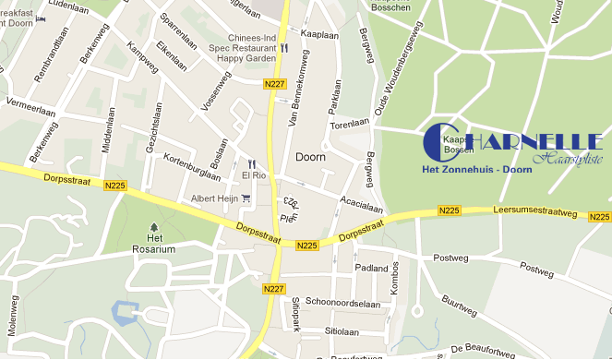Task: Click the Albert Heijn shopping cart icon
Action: [x=246, y=198]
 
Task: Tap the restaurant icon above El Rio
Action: [x=250, y=162]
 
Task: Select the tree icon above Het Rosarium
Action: [x=152, y=225]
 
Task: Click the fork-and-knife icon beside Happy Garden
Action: [x=284, y=48]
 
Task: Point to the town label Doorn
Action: [x=310, y=157]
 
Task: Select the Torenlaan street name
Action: [x=350, y=122]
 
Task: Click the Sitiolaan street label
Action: [x=341, y=330]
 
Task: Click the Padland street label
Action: [x=371, y=268]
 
